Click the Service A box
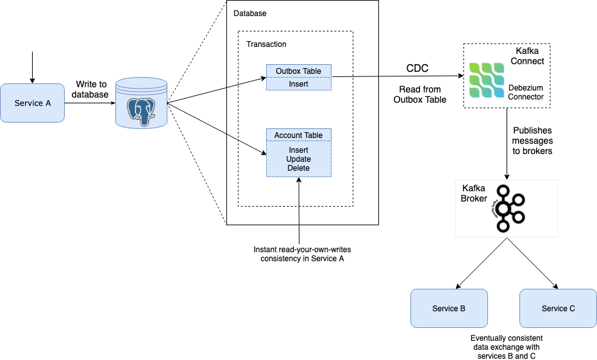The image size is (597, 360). (x=32, y=103)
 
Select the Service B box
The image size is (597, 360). (x=449, y=308)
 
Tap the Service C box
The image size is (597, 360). (x=558, y=308)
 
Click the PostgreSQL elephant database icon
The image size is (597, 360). (x=141, y=103)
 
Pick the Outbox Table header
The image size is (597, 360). (x=298, y=71)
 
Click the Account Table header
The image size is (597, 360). (x=298, y=135)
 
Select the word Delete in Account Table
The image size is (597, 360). (x=298, y=168)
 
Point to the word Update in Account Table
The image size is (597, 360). (x=298, y=159)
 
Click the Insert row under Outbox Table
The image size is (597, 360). (x=298, y=83)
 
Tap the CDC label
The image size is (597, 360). (x=417, y=69)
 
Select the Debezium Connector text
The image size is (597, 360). (x=526, y=92)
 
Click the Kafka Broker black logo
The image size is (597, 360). (x=507, y=208)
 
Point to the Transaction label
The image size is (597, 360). (x=266, y=44)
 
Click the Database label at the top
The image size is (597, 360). (x=249, y=13)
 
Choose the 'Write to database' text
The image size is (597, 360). (x=90, y=89)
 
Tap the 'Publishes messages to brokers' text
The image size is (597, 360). (x=533, y=141)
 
